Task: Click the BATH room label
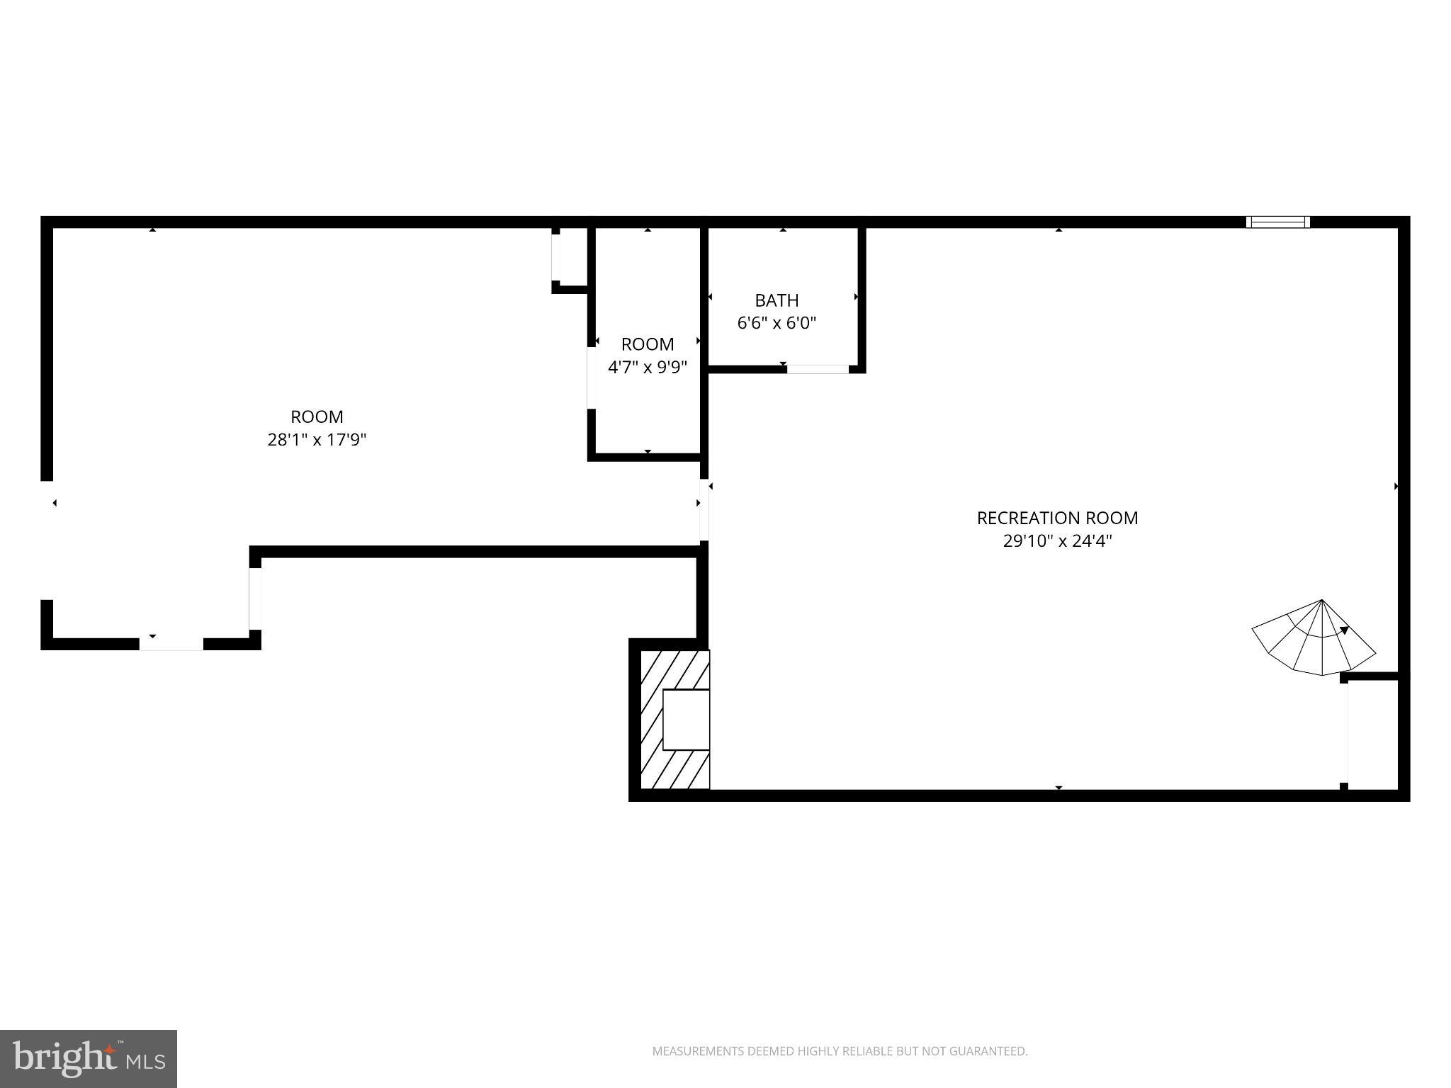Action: (777, 300)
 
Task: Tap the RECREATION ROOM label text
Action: (1057, 518)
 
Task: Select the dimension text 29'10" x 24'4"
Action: (1057, 542)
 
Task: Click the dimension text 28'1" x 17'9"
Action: (317, 440)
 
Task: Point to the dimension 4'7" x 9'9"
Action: (648, 368)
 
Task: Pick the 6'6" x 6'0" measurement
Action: (777, 324)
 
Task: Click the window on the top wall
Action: (1277, 222)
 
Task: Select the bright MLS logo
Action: (89, 1058)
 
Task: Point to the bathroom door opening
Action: (818, 369)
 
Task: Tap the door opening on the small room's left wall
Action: (592, 378)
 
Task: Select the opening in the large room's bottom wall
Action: (171, 644)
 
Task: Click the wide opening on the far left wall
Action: (47, 540)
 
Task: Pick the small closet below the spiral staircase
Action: (1372, 734)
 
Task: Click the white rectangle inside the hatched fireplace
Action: (686, 719)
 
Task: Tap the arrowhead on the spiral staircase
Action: (1343, 630)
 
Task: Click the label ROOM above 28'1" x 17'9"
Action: (317, 416)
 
